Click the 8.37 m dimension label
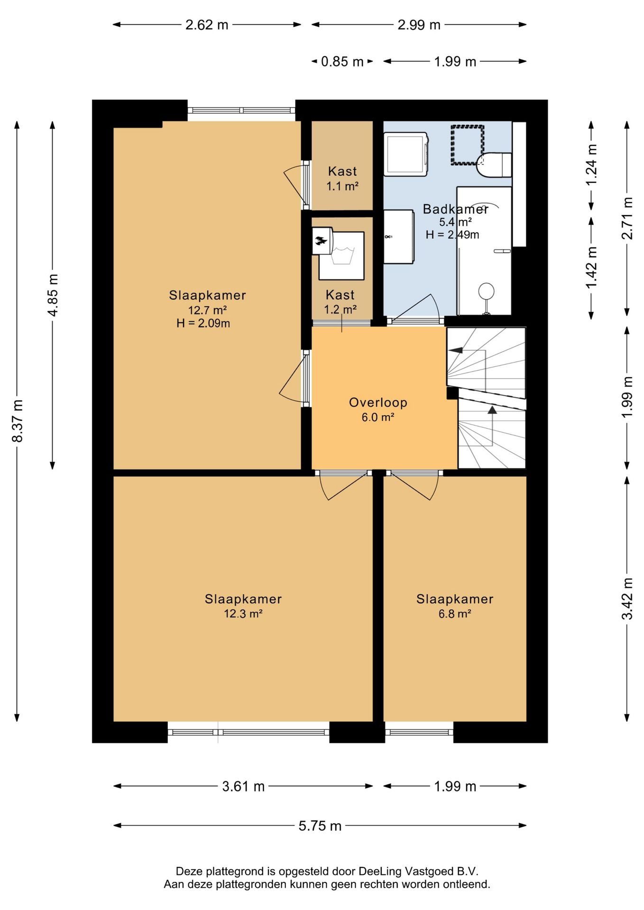coord(17,421)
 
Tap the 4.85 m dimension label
coord(53,295)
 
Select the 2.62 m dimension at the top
coord(207,25)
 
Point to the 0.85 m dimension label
coord(342,62)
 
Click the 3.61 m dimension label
coord(243,786)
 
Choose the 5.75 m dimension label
coord(320,826)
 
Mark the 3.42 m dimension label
coord(627,598)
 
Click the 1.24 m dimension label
coord(591,165)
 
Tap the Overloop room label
coord(378,402)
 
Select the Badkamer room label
coord(455,209)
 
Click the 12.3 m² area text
coord(243,614)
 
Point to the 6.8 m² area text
coord(455,614)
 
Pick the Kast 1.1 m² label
coord(342,178)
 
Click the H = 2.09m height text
coord(203,323)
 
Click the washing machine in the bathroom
coord(406,155)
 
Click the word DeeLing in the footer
coord(380,871)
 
